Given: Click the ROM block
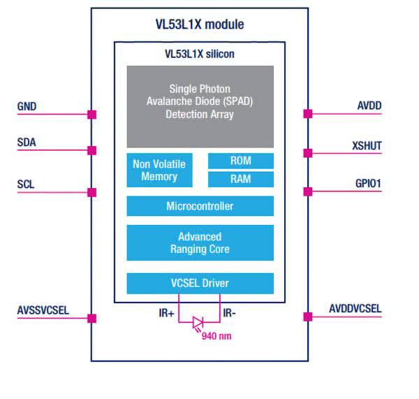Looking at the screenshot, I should pyautogui.click(x=240, y=161).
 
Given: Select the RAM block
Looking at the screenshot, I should pyautogui.click(x=240, y=179).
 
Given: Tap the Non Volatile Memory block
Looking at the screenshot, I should pyautogui.click(x=159, y=170).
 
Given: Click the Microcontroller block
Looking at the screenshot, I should pyautogui.click(x=200, y=206).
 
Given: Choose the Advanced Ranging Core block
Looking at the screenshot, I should pyautogui.click(x=200, y=242).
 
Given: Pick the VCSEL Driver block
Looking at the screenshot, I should pyautogui.click(x=200, y=283).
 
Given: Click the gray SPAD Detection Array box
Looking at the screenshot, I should pyautogui.click(x=200, y=106).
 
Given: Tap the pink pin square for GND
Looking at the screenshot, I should pyautogui.click(x=91, y=114).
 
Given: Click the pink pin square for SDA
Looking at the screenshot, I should pyautogui.click(x=91, y=150).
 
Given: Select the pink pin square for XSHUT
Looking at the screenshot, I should pyautogui.click(x=308, y=152).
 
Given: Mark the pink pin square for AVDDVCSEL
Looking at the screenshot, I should pyautogui.click(x=308, y=317).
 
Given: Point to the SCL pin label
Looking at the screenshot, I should pyautogui.click(x=27, y=185).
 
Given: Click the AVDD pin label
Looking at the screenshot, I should pyautogui.click(x=369, y=106).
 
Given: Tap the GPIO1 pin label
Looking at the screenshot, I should pyautogui.click(x=367, y=184).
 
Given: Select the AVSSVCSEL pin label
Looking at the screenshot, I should pyautogui.click(x=43, y=309).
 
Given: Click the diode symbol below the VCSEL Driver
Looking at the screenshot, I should pyautogui.click(x=198, y=323).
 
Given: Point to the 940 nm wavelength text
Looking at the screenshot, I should pyautogui.click(x=216, y=336).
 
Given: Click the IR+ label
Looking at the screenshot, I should pyautogui.click(x=166, y=314).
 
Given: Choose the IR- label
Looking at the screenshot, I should pyautogui.click(x=230, y=314).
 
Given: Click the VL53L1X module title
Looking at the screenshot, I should pyautogui.click(x=200, y=24).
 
